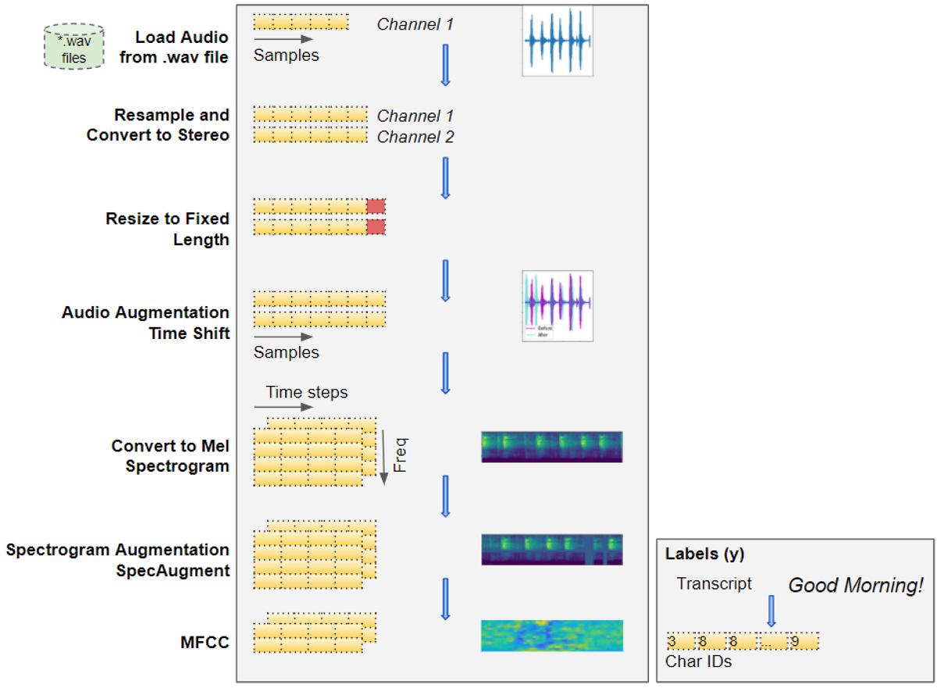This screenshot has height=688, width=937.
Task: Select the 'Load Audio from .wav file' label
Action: coord(174,47)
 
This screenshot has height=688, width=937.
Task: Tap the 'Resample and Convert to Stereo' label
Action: coord(159,125)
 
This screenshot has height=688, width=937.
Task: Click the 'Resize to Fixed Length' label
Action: coord(168,229)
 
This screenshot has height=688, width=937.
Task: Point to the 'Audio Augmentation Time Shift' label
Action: coord(146,323)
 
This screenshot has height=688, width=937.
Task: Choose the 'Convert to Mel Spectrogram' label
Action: coord(170,456)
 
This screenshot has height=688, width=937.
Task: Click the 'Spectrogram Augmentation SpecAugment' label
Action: coord(118,560)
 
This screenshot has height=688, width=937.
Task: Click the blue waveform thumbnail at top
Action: coord(558,41)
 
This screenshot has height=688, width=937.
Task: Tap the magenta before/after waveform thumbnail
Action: coord(558,305)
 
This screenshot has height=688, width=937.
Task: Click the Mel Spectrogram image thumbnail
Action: coord(551,447)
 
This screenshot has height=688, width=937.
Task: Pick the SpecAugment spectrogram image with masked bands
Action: coord(551,549)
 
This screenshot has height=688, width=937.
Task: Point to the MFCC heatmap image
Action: coord(551,636)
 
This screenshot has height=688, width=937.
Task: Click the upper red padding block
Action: coord(376,206)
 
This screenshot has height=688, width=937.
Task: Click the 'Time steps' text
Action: coord(306,392)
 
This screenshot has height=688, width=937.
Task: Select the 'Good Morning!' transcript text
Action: coord(855,585)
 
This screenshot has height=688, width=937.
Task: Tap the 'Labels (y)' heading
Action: coord(704,554)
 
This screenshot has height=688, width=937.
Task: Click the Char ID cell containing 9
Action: coord(803,642)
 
